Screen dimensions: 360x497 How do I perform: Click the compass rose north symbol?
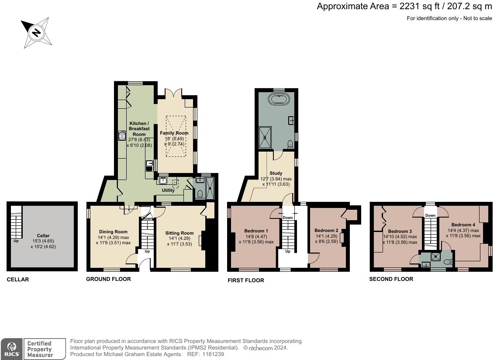click(x=36, y=32)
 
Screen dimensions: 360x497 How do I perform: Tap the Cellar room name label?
click(x=43, y=236)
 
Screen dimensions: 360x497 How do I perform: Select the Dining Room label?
click(x=113, y=232)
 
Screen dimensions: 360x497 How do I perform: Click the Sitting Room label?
click(x=179, y=233)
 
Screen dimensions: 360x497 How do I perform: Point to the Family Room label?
click(x=174, y=133)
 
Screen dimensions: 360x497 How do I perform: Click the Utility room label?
click(x=168, y=190)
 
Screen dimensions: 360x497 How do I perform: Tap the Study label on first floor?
click(x=276, y=173)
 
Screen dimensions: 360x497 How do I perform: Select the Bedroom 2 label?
click(x=326, y=231)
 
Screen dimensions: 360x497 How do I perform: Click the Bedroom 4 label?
click(x=463, y=225)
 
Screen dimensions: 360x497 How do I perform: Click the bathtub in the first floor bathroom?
click(x=278, y=99)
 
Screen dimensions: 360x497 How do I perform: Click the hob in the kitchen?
click(x=121, y=136)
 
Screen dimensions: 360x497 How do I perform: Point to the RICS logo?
click(x=11, y=350)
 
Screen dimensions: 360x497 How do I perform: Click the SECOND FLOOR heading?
click(x=391, y=279)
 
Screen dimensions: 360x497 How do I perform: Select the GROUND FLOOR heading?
click(x=108, y=279)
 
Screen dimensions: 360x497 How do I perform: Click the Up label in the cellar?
click(x=16, y=241)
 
